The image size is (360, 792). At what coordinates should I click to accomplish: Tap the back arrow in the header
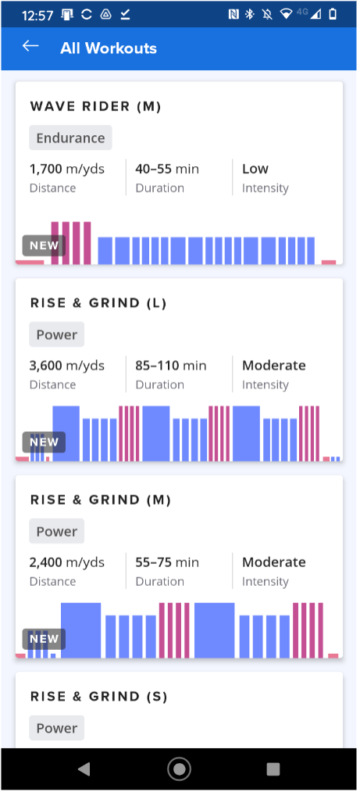point(30,47)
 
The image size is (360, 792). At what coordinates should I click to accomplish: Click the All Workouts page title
point(108,48)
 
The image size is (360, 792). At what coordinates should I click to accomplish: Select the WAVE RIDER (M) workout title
point(95,106)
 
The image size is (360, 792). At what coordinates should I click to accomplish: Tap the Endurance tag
point(71,138)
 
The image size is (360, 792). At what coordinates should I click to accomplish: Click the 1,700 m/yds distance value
point(66,169)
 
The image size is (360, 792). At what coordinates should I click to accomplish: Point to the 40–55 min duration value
point(167,169)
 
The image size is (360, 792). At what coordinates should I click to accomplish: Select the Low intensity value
point(255,169)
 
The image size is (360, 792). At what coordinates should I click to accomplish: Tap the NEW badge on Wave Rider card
point(44,245)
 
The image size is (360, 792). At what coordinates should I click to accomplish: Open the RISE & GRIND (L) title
point(98,303)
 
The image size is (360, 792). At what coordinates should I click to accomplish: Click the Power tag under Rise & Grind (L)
point(57,335)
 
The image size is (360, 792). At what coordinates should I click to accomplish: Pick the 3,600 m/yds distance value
point(66,366)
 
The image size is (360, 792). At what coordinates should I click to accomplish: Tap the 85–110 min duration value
point(171,366)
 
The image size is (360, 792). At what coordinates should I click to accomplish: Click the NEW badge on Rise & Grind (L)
point(44,442)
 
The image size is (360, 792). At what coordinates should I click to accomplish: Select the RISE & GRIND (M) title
point(100,500)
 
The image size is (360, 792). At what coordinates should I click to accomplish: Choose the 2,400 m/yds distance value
point(66,562)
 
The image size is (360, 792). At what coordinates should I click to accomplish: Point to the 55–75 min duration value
point(167,562)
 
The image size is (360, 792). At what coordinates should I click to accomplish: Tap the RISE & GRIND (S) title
point(98,697)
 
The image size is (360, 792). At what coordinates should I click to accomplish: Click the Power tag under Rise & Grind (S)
point(57,728)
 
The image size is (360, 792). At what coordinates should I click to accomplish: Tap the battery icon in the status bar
point(333,13)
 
